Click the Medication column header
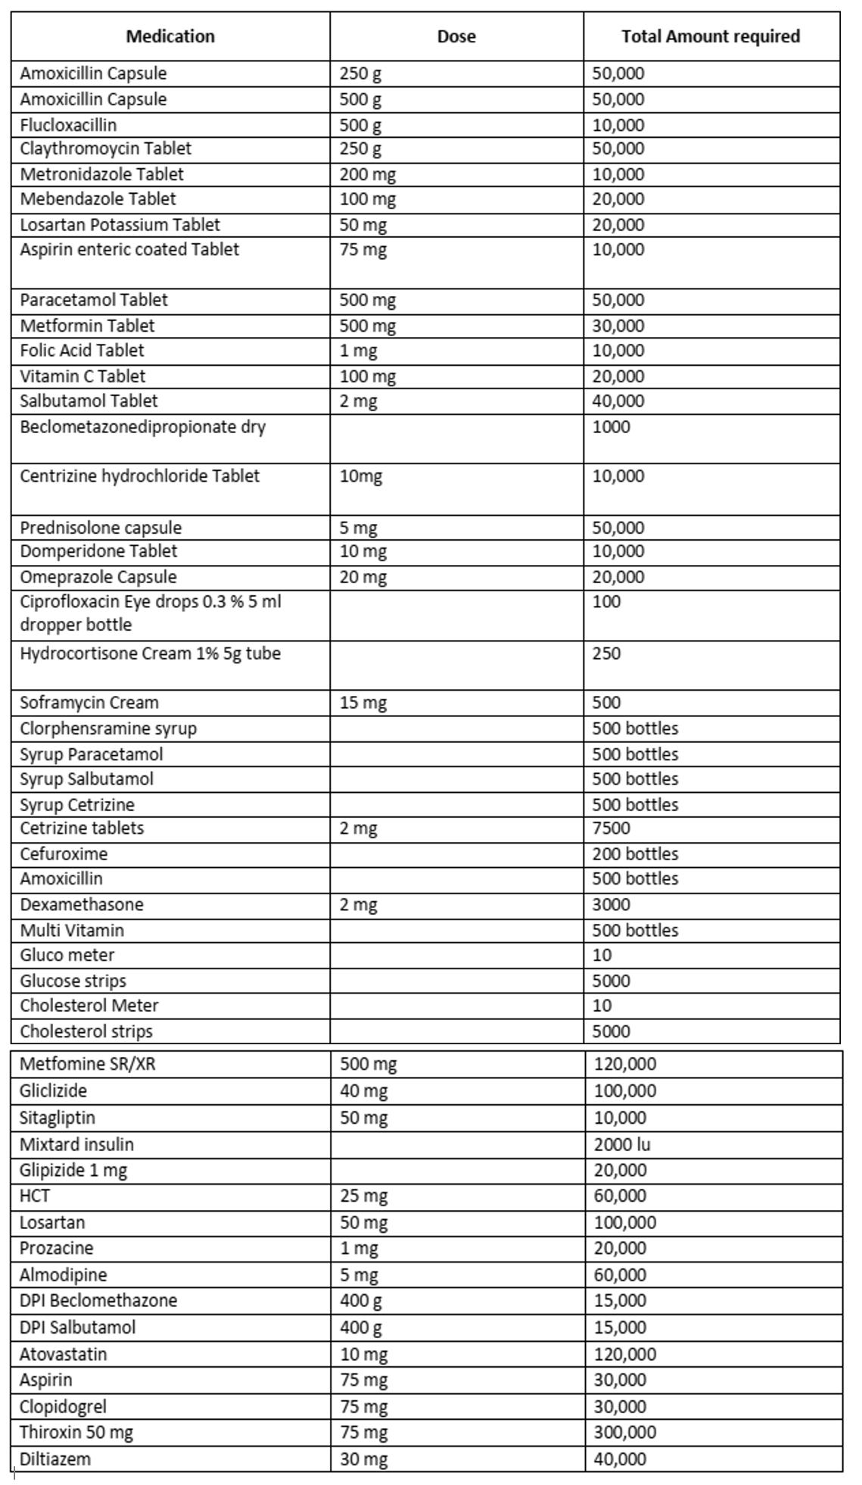pyautogui.click(x=170, y=36)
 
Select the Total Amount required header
pyautogui.click(x=711, y=36)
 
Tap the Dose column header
pyautogui.click(x=456, y=36)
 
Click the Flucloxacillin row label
pyautogui.click(x=68, y=125)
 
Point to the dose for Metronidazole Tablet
pyautogui.click(x=367, y=174)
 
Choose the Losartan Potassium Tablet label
pyautogui.click(x=120, y=225)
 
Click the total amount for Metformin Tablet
pyautogui.click(x=618, y=326)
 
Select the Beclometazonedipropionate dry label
pyautogui.click(x=142, y=427)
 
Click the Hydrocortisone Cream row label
pyautogui.click(x=150, y=654)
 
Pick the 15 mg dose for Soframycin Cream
pyautogui.click(x=363, y=703)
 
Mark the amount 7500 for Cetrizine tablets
pyautogui.click(x=611, y=828)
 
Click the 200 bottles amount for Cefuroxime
pyautogui.click(x=635, y=854)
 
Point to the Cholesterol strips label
pyautogui.click(x=86, y=1031)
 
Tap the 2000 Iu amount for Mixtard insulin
pyautogui.click(x=622, y=1144)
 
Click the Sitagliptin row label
pyautogui.click(x=58, y=1118)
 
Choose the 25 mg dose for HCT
pyautogui.click(x=363, y=1196)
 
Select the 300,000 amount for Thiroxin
pyautogui.click(x=625, y=1432)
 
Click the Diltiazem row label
pyautogui.click(x=54, y=1458)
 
